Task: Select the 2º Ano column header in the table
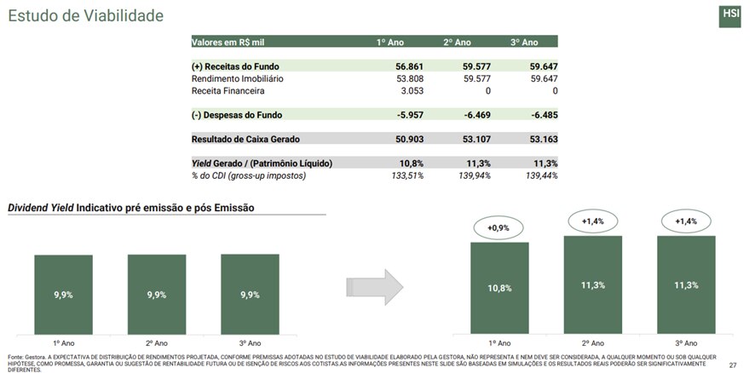457,42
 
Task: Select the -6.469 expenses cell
474,115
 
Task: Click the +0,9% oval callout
499,227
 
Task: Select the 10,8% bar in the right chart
499,288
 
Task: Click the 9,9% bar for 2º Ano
157,294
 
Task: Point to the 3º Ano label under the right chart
686,341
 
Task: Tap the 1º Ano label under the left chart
63,341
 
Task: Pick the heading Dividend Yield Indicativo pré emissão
130,208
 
